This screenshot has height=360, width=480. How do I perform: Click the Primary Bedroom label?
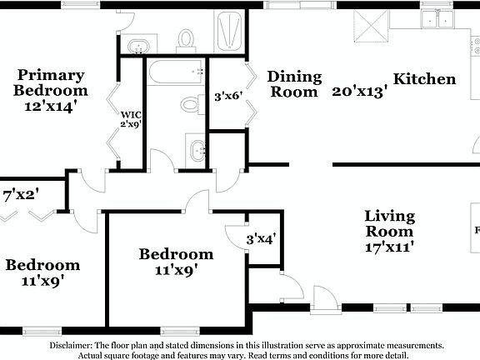point(50,82)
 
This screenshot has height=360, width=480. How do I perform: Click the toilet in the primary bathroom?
point(185,38)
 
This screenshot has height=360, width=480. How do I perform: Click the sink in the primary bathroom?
point(142,42)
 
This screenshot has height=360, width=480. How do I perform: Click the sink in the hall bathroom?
point(197,151)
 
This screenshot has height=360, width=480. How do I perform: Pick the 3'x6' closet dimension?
point(227,96)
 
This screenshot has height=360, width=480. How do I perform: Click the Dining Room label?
point(294,83)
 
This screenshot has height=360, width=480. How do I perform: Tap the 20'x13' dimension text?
point(360,92)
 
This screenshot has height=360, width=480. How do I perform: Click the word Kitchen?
point(424,79)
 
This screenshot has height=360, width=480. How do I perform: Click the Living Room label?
point(389,223)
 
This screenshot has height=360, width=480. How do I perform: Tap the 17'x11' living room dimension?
point(389,247)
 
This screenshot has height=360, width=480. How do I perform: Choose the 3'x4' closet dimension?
point(261,239)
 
